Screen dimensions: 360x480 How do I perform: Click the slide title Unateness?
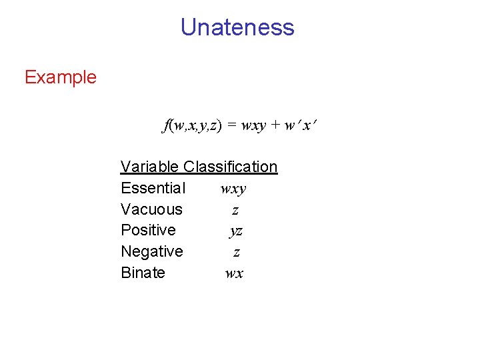(x=237, y=27)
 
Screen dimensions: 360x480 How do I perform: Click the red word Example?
(x=61, y=77)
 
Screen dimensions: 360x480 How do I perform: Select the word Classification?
(x=230, y=167)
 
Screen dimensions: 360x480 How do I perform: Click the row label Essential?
(x=153, y=188)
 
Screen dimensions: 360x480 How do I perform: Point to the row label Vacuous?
(x=151, y=209)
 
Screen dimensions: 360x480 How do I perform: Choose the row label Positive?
(x=148, y=231)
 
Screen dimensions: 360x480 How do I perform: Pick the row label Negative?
(x=151, y=252)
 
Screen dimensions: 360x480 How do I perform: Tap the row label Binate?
(x=143, y=273)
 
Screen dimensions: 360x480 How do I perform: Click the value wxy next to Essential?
(x=233, y=189)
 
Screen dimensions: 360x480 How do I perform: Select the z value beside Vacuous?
(x=235, y=210)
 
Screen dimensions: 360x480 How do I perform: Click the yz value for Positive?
(x=235, y=232)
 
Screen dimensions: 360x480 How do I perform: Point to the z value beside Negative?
(x=236, y=253)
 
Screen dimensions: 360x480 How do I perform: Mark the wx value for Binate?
(x=234, y=273)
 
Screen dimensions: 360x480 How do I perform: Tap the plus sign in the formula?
(x=275, y=125)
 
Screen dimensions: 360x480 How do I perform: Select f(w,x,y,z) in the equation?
(x=192, y=125)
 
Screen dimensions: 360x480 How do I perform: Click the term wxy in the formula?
(x=254, y=126)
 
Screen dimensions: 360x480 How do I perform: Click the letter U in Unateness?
(x=188, y=27)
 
